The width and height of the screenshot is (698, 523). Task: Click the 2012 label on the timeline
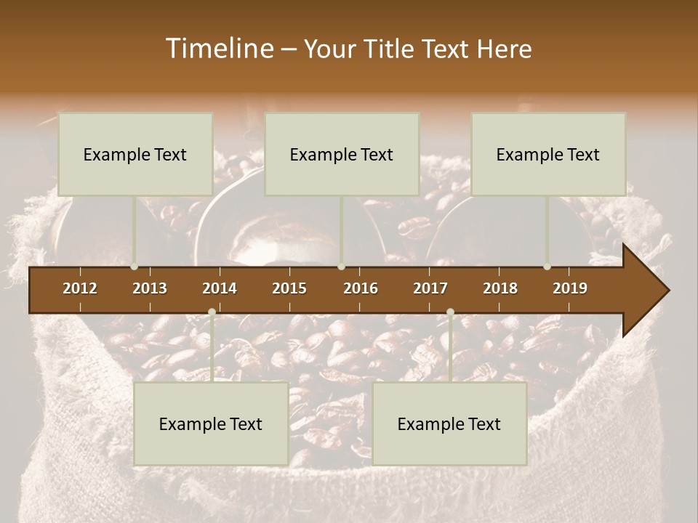tap(80, 288)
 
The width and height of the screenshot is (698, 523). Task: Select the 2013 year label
tap(150, 288)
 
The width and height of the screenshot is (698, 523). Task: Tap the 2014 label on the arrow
tap(220, 288)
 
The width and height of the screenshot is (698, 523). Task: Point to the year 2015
tap(289, 288)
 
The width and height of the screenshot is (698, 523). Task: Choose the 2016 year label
tap(361, 288)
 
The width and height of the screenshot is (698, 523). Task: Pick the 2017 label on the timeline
tap(430, 288)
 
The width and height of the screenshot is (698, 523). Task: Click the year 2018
tap(500, 288)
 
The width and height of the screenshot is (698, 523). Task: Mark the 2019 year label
tap(570, 288)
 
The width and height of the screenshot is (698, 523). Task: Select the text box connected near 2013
tap(135, 154)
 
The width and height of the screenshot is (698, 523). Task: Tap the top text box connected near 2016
tap(342, 154)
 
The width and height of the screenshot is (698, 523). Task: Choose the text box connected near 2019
tap(548, 154)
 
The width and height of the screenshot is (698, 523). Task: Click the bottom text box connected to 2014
tap(211, 423)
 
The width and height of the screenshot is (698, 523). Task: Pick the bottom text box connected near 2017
tap(449, 423)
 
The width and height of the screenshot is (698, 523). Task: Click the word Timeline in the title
tap(219, 49)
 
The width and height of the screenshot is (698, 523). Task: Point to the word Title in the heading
tap(393, 49)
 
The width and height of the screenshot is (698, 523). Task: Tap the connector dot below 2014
tap(212, 312)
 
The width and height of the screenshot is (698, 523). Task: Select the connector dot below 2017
tap(450, 312)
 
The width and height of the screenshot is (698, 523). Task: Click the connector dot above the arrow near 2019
tap(547, 267)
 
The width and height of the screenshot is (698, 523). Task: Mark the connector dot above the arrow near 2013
tap(135, 267)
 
